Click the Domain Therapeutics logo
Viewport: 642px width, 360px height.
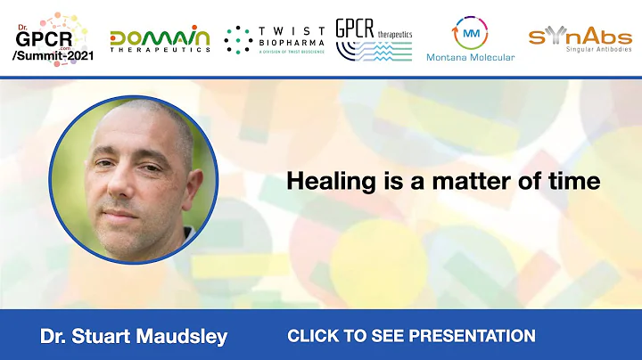(160, 38)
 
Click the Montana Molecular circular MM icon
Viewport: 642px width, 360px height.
(472, 31)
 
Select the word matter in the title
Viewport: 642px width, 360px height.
(494, 181)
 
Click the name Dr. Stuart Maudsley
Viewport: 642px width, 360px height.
(134, 336)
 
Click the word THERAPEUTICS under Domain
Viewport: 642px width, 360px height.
(160, 50)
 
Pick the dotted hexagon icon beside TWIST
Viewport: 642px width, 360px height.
(238, 40)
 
